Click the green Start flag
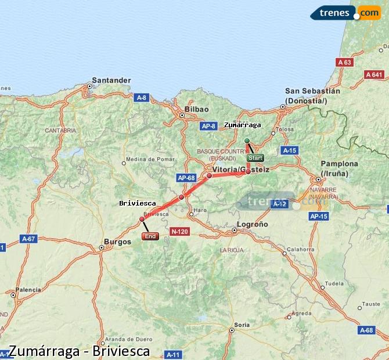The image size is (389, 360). pyautogui.click(x=255, y=157)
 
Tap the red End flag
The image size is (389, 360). pyautogui.click(x=150, y=236)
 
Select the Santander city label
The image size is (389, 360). pyautogui.click(x=111, y=80)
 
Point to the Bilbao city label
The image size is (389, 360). pyautogui.click(x=196, y=109)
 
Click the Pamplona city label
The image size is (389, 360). pyautogui.click(x=339, y=164)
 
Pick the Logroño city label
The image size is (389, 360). pyautogui.click(x=253, y=224)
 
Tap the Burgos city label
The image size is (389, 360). pyautogui.click(x=117, y=242)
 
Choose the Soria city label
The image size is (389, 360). pyautogui.click(x=242, y=325)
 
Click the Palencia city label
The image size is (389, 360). pyautogui.click(x=28, y=289)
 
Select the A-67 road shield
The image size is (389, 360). pyautogui.click(x=28, y=239)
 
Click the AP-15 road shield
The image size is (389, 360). pyautogui.click(x=319, y=217)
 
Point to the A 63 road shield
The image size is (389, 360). pyautogui.click(x=345, y=62)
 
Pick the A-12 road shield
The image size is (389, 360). pyautogui.click(x=279, y=204)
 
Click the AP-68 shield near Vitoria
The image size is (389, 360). pyautogui.click(x=186, y=178)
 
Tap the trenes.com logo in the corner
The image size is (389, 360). pyautogui.click(x=345, y=12)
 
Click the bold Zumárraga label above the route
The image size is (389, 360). pyautogui.click(x=242, y=125)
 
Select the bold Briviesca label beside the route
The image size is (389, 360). pyautogui.click(x=137, y=203)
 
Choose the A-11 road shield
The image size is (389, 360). pyautogui.click(x=174, y=354)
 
